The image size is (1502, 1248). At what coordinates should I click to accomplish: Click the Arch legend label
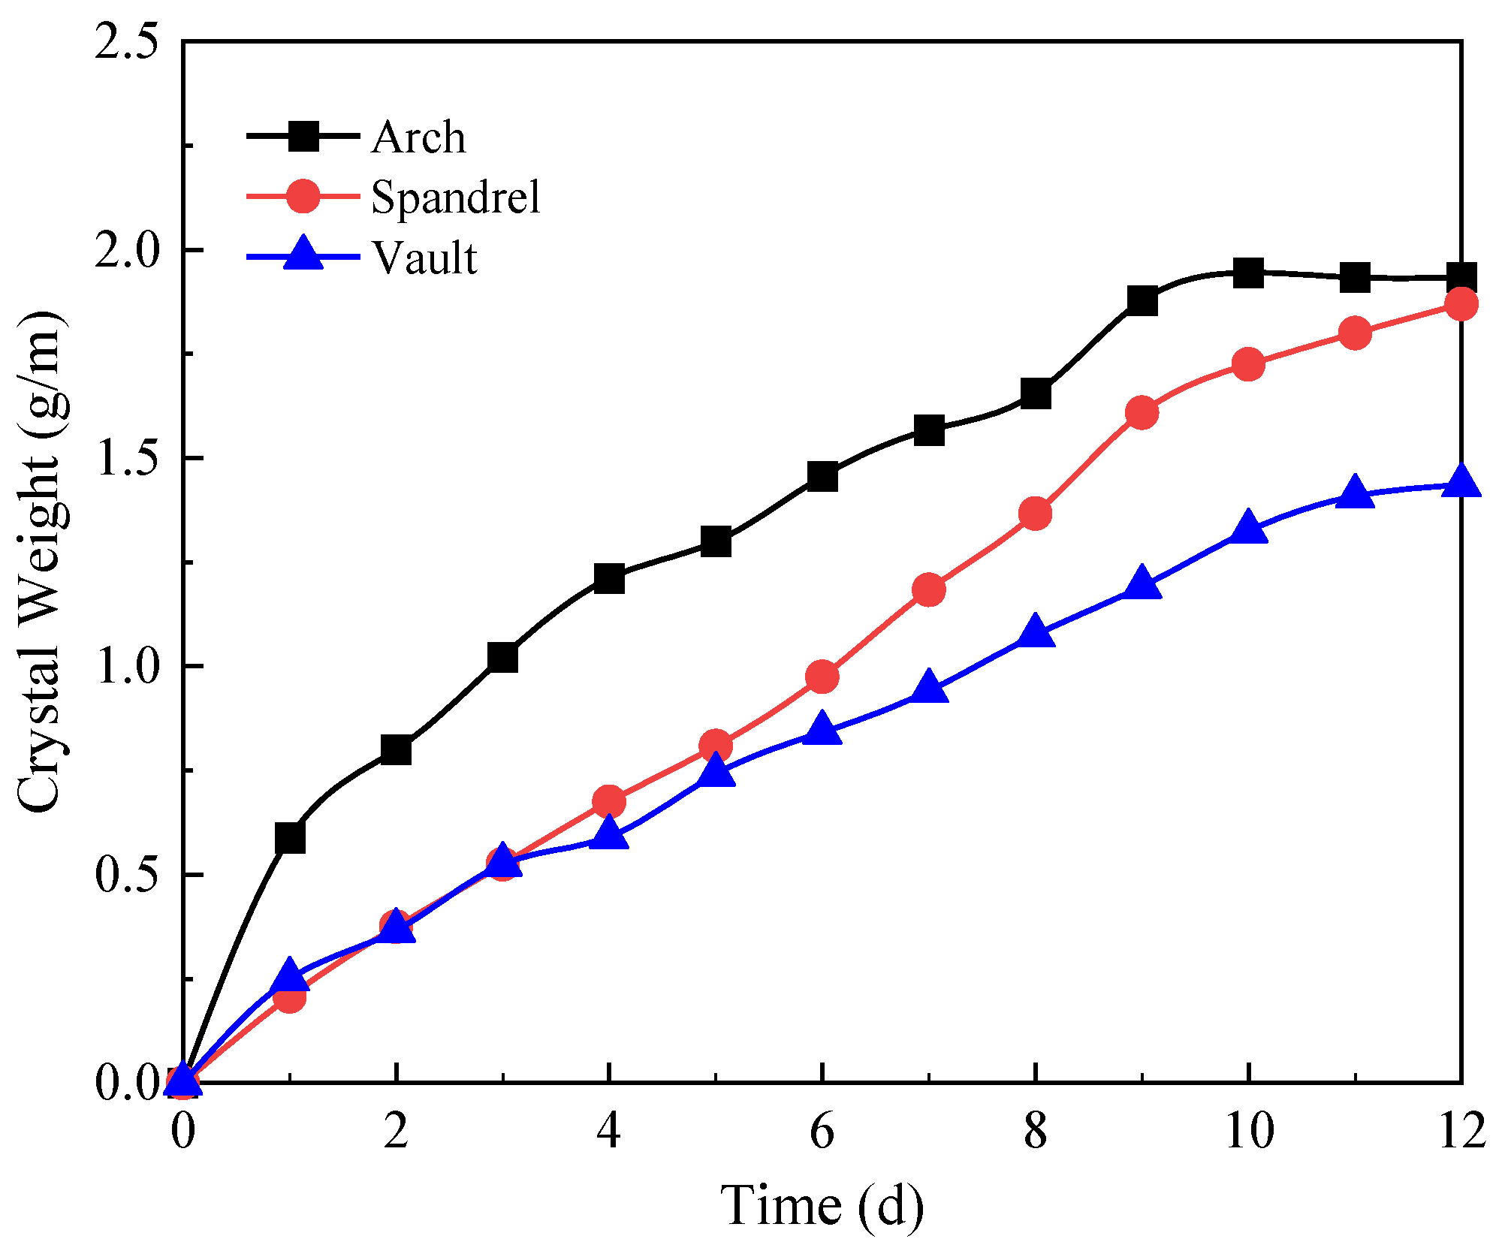click(x=418, y=137)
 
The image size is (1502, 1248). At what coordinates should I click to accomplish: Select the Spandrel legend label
click(x=455, y=197)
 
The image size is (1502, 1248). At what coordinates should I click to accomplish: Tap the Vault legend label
click(x=424, y=258)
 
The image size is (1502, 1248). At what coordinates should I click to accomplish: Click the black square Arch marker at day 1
click(x=290, y=838)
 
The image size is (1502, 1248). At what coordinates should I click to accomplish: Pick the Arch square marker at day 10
click(x=1248, y=273)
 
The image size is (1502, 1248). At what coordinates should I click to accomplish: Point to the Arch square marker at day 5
click(x=716, y=541)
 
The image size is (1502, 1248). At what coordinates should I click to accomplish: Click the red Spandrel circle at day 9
click(x=1142, y=413)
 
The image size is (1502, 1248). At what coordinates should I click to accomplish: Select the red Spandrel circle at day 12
click(x=1461, y=304)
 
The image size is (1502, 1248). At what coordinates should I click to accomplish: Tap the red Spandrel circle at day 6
click(x=822, y=677)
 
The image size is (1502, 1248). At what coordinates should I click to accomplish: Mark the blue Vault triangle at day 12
click(x=1461, y=481)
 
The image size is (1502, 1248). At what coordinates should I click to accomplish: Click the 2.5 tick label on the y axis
click(x=125, y=43)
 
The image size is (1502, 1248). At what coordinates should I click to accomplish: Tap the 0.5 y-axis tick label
click(x=125, y=875)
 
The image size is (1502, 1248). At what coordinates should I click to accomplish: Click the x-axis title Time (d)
click(x=822, y=1205)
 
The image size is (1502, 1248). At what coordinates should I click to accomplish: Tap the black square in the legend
click(x=303, y=137)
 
